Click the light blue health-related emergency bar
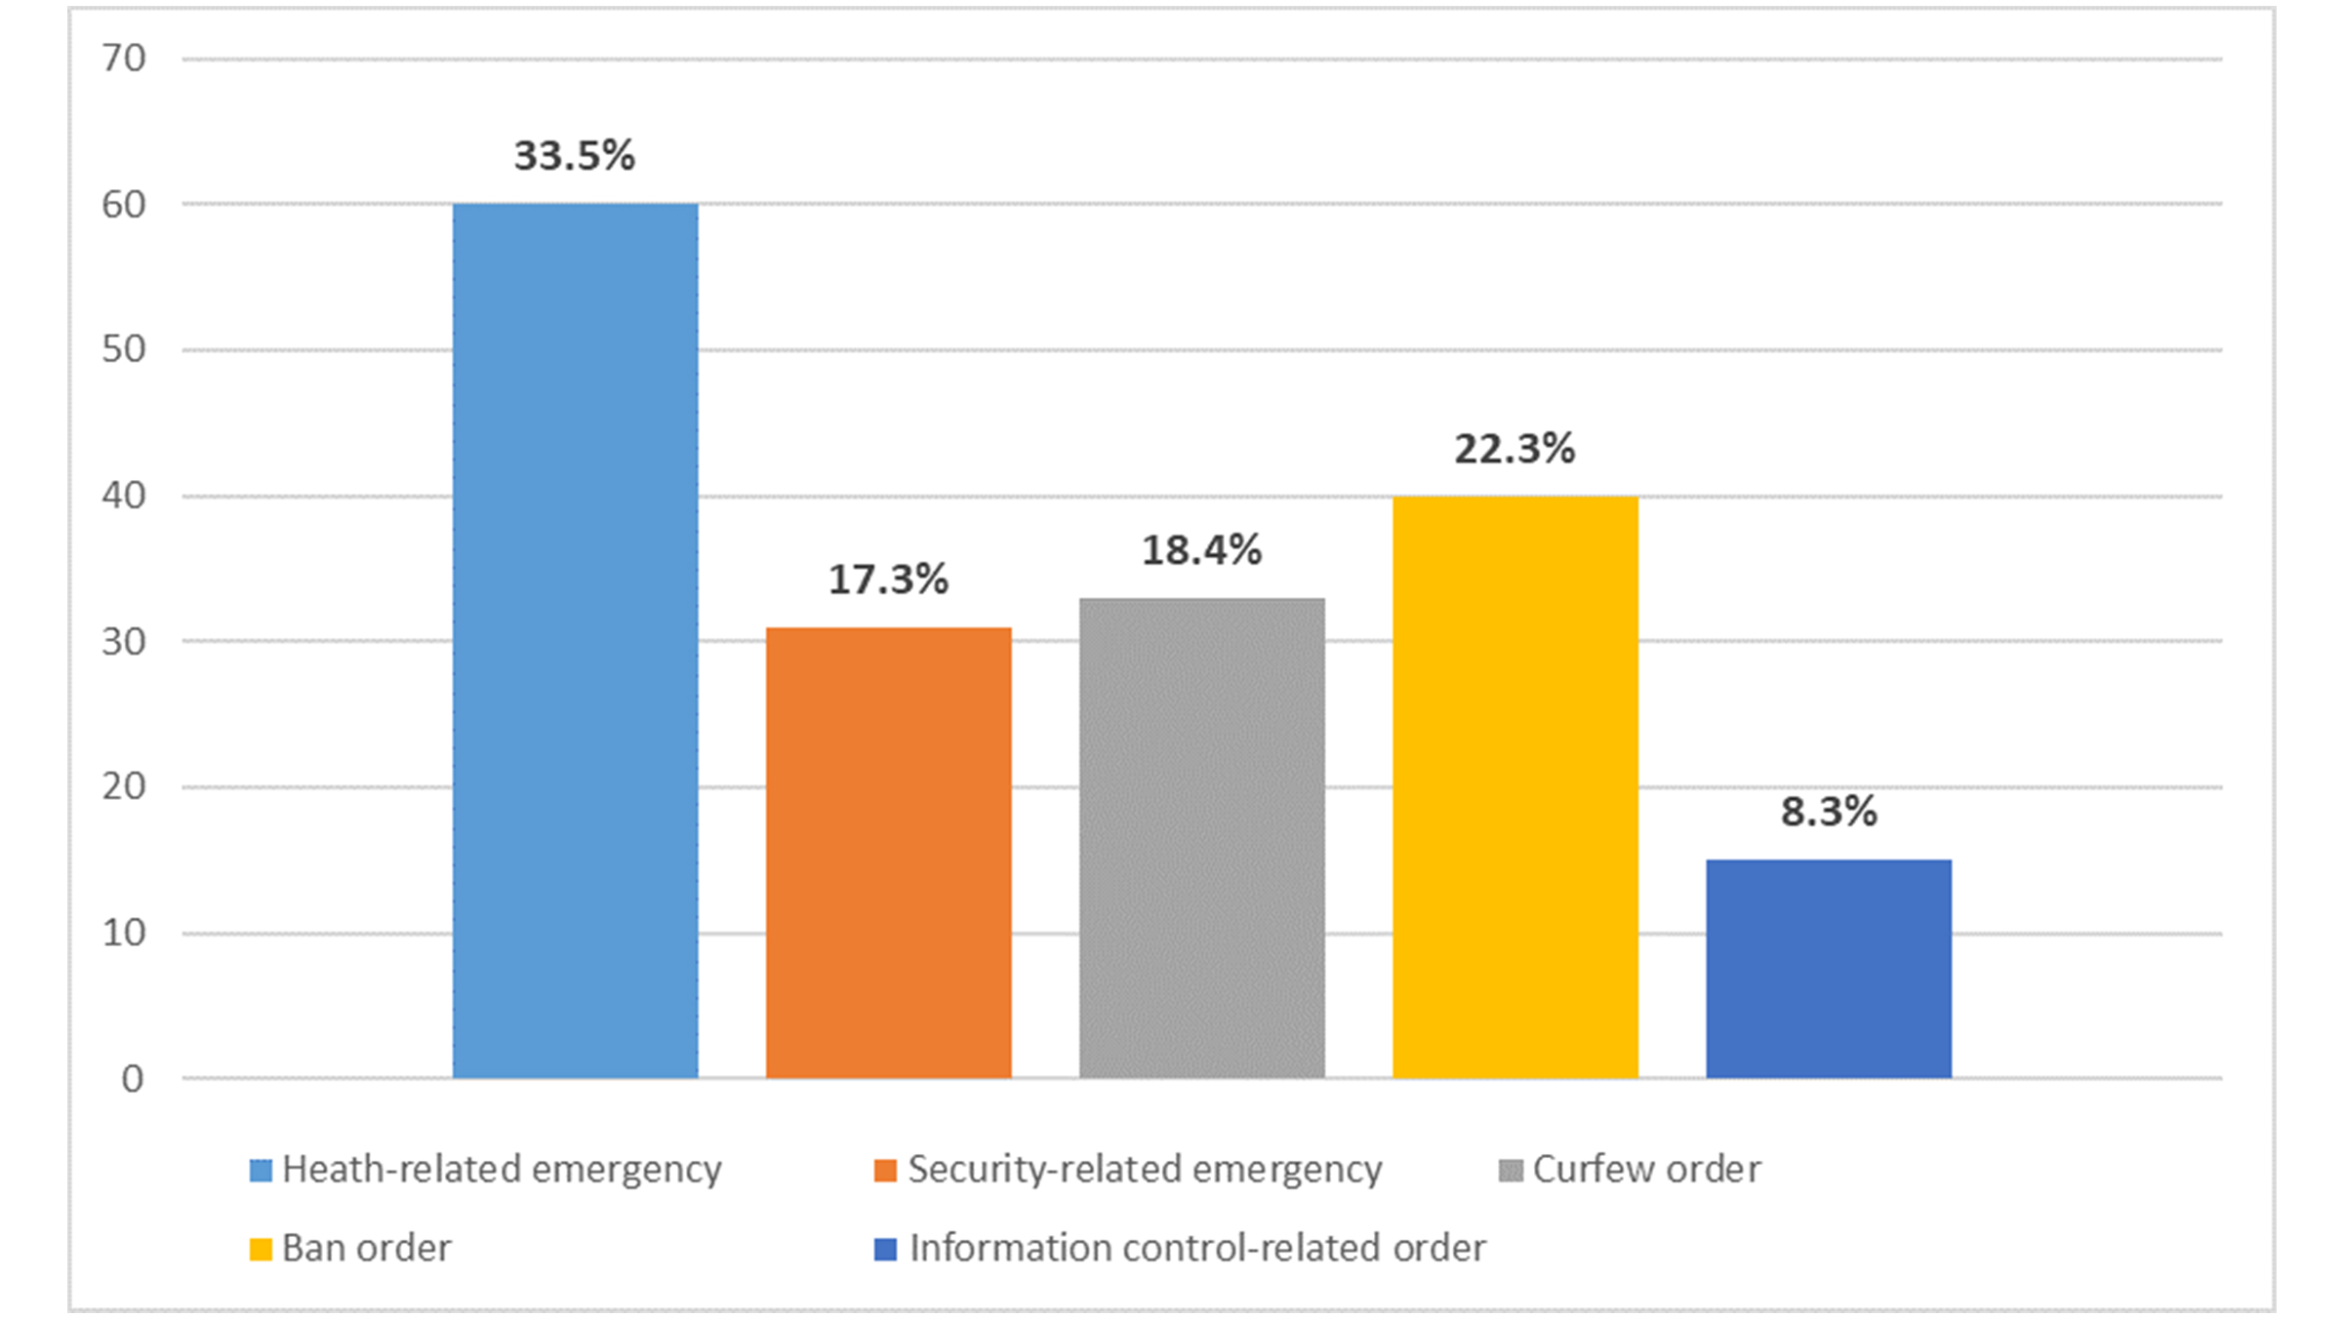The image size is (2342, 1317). pos(575,640)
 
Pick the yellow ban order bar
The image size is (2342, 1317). pos(1514,786)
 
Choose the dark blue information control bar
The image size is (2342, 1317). pos(1828,968)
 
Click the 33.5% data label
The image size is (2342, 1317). pos(575,156)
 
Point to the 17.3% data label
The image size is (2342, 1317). pos(888,579)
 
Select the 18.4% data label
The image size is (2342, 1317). pos(1201,550)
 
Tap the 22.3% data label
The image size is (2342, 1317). pos(1514,449)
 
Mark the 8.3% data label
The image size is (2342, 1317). pos(1828,812)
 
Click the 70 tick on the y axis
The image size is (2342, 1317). pos(124,59)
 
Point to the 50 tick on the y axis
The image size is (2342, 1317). pos(124,349)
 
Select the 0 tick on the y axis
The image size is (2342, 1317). pos(132,1078)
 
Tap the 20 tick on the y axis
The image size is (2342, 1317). pos(124,786)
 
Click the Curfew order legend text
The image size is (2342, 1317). pos(1646,1169)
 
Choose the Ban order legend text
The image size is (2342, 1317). pos(366,1248)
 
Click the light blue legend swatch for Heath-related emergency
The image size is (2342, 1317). pos(261,1170)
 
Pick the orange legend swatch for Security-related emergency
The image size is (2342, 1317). pos(885,1170)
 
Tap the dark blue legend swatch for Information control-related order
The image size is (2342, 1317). pos(885,1249)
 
